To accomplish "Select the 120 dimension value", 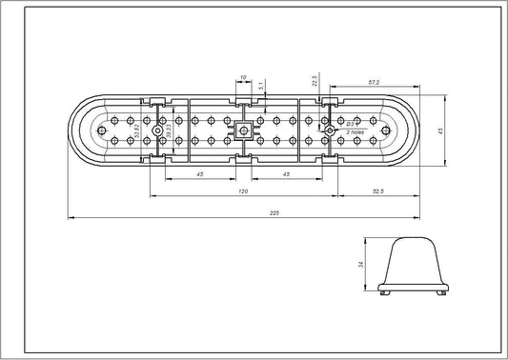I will point(243,192).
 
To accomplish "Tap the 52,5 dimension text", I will point(377,192).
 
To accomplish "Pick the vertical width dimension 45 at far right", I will point(440,132).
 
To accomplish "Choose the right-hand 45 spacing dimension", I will point(286,174).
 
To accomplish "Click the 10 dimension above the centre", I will point(244,75).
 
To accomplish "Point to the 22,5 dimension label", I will point(314,80).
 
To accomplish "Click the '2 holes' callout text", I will point(355,131).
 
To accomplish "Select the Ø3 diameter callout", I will point(351,124).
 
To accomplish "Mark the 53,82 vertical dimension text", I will point(139,132).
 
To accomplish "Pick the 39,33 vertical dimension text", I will point(168,132).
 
